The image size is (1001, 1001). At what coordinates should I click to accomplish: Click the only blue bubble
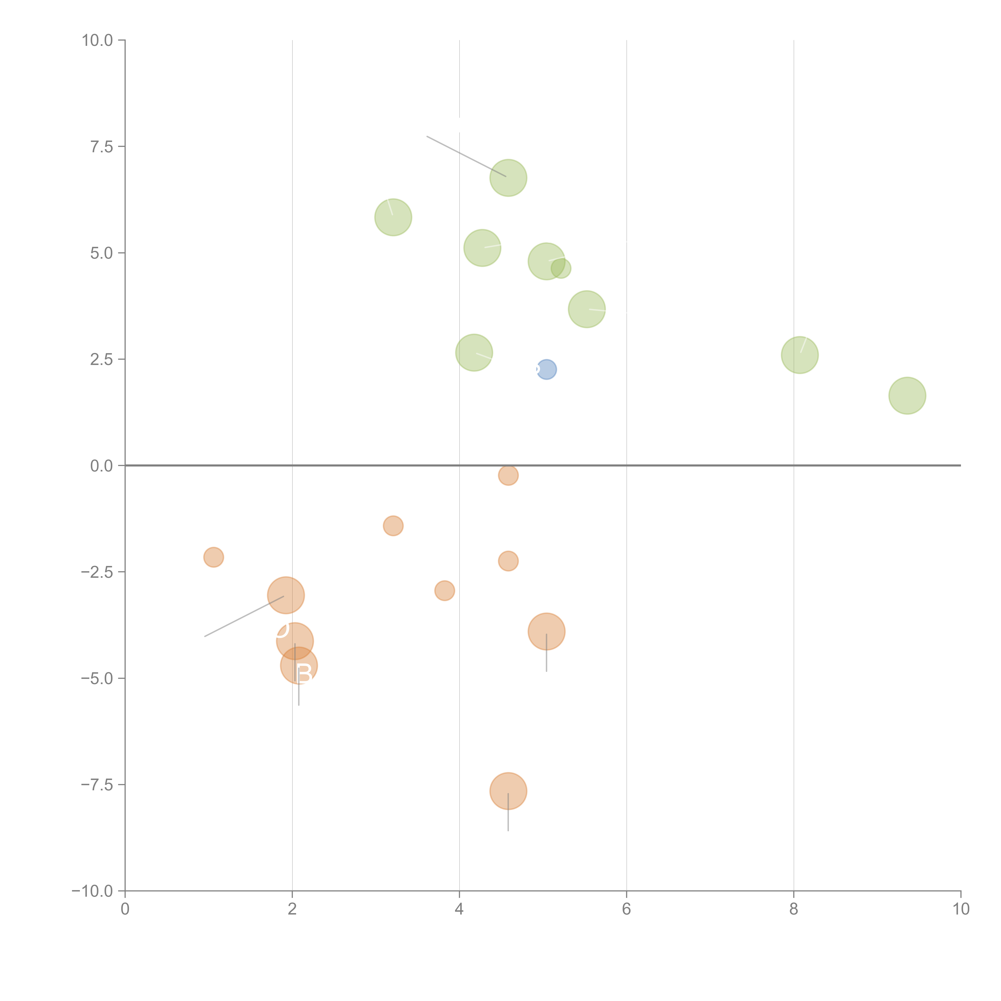547,369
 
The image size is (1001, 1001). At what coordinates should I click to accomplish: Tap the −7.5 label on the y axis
97,784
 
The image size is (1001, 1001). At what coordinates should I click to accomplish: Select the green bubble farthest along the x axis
907,396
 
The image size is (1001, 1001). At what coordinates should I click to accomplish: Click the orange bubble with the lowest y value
508,791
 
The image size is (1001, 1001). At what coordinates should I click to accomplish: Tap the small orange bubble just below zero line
508,475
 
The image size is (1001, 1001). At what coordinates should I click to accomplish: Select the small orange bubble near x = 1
213,558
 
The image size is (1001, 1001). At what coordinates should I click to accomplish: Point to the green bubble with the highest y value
508,178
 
